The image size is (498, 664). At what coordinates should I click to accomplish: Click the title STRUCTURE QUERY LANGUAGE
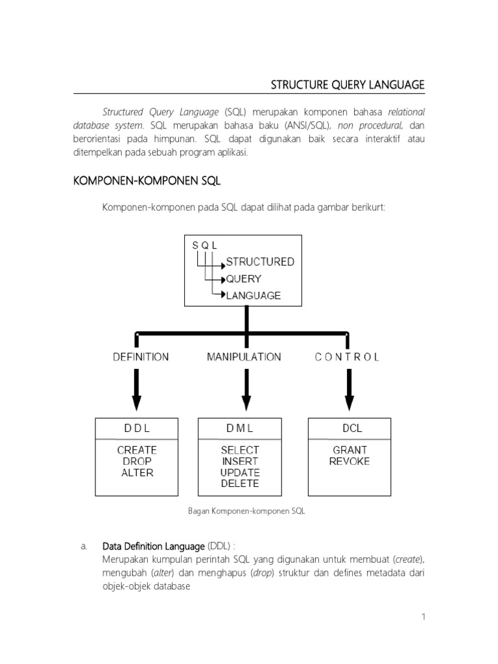point(347,84)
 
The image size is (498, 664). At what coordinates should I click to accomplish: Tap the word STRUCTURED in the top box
point(259,262)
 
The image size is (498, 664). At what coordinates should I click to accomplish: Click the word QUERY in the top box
point(243,279)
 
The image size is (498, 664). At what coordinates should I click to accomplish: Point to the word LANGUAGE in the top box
point(253,296)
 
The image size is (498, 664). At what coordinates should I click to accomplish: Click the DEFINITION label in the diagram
point(140,357)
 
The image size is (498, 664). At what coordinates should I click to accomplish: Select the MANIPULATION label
point(244,357)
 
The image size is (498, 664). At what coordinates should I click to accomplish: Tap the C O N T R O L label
point(348,357)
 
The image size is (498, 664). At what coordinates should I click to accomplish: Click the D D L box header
point(137,428)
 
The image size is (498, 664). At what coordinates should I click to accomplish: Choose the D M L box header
point(239,428)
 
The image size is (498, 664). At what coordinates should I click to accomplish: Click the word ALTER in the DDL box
point(137,473)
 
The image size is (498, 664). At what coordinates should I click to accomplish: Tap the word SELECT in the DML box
point(239,449)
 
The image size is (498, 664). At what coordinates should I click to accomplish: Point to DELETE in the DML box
point(239,483)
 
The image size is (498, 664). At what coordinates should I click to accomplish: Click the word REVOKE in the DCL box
point(350,461)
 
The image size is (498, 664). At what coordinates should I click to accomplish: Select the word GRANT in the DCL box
point(350,449)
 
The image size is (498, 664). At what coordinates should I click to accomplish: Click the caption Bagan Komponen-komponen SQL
point(246,511)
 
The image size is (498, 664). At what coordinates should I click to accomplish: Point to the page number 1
point(423,617)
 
